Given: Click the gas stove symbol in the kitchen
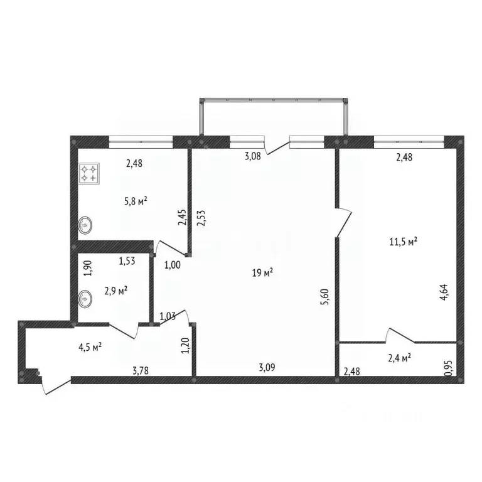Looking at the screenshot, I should pos(88,173).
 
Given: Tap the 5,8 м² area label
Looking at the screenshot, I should pos(136,201).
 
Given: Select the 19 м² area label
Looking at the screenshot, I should pos(262,272).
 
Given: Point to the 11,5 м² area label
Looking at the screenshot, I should pos(404,241).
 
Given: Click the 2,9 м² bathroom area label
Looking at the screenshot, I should pos(115,291).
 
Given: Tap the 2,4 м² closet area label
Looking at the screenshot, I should pos(399,358).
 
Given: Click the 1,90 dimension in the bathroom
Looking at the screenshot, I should pos(88,269).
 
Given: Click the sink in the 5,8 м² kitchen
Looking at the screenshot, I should pos(86,224).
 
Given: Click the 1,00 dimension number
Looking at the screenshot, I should pos(173,265).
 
